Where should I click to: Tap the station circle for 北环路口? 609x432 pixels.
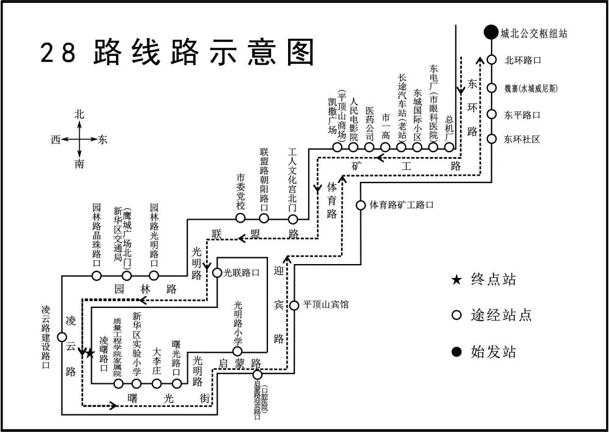click(x=491, y=60)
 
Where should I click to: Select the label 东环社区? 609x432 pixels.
click(x=522, y=139)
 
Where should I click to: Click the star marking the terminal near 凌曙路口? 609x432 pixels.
click(x=90, y=352)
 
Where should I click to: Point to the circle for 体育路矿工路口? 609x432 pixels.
click(x=360, y=205)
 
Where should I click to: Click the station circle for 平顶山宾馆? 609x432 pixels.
click(x=294, y=305)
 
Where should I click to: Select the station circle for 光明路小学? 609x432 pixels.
click(x=238, y=351)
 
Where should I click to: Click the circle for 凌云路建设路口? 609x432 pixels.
click(x=62, y=337)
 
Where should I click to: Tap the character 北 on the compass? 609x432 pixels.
click(x=79, y=114)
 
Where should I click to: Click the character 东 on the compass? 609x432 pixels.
click(x=102, y=139)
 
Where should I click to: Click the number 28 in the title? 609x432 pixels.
click(x=58, y=54)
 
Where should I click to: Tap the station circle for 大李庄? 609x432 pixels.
click(x=157, y=383)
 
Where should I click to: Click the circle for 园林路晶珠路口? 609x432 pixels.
click(x=96, y=276)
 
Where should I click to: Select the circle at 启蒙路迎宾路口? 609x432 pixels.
click(x=258, y=374)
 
